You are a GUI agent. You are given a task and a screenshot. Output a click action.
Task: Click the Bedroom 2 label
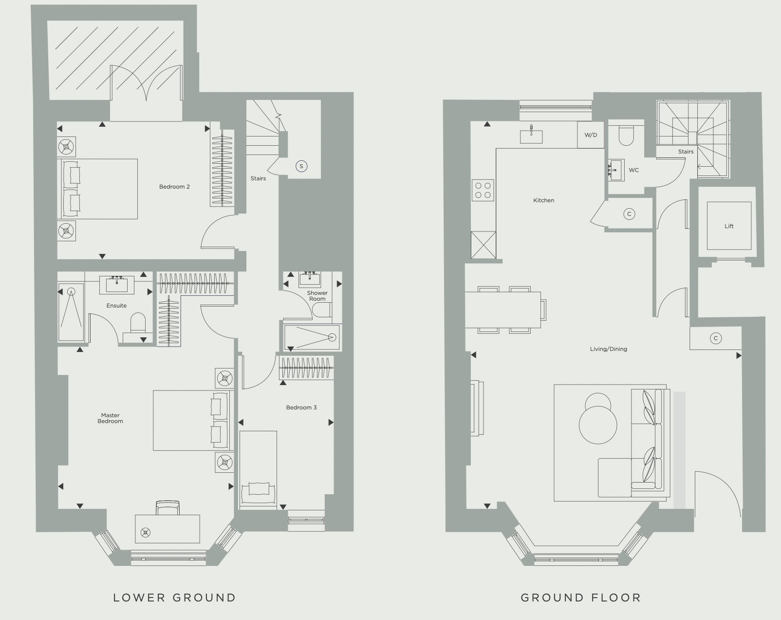tap(174, 187)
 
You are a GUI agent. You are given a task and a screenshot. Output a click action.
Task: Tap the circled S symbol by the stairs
tap(301, 166)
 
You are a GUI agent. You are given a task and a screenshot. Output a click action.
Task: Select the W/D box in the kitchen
tap(591, 135)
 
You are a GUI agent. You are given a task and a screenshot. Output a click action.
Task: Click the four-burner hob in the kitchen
tap(483, 190)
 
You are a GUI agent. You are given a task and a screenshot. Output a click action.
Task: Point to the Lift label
tap(729, 226)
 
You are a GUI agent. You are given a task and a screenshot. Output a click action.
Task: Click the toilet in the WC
tap(626, 136)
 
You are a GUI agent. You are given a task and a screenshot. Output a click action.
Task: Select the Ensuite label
tap(116, 306)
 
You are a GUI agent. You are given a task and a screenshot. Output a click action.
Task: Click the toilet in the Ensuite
tap(138, 324)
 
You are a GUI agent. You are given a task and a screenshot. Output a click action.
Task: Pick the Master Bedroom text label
tap(111, 418)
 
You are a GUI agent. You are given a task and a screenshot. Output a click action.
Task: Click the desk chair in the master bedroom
tap(167, 507)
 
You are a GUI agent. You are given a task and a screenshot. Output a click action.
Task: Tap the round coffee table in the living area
tap(598, 424)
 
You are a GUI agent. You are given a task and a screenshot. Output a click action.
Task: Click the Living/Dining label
tap(608, 349)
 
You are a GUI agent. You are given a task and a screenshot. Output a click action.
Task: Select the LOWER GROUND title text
tap(174, 598)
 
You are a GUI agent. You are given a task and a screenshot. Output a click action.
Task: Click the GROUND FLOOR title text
tap(581, 598)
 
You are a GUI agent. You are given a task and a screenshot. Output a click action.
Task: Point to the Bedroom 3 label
tap(301, 407)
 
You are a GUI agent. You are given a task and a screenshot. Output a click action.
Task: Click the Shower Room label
tap(317, 296)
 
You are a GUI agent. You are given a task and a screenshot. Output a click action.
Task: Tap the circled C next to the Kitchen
tap(629, 214)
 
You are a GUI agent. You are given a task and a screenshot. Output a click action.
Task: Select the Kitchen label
tap(543, 200)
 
